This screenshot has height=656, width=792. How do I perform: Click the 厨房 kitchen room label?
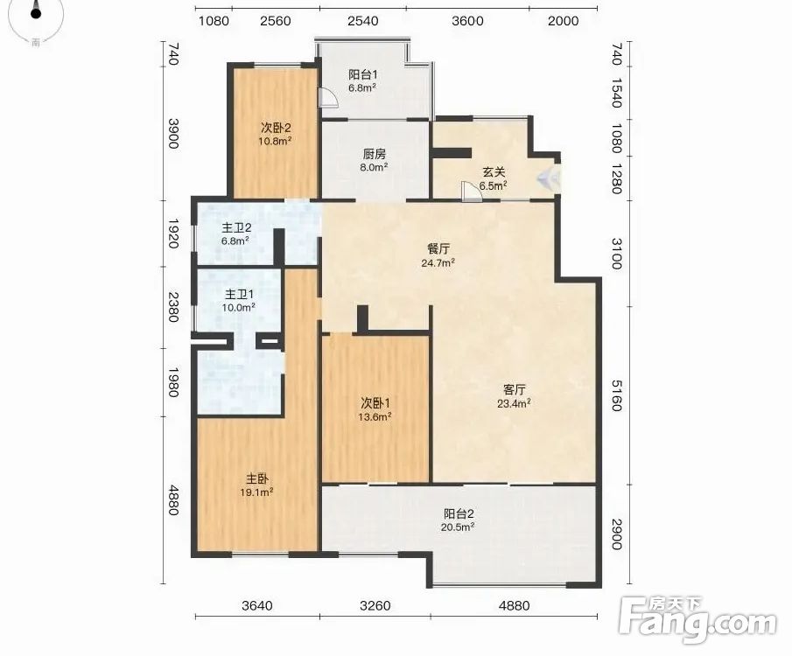[x=375, y=155]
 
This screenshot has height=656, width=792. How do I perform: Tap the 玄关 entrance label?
[x=494, y=172]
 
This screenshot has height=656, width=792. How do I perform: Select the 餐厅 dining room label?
[x=438, y=249]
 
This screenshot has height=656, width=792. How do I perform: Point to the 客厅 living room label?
[x=515, y=390]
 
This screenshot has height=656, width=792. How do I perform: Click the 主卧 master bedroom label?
[x=257, y=478]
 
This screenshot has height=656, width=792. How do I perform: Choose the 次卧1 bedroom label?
[x=375, y=403]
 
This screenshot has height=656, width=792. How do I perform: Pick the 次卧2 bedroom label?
[x=276, y=128]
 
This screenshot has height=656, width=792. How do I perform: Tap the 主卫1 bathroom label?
[x=239, y=294]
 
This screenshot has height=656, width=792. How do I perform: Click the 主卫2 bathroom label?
[x=236, y=228]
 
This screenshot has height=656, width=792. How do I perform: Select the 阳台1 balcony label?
[x=362, y=74]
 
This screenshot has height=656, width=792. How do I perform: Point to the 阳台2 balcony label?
[x=459, y=514]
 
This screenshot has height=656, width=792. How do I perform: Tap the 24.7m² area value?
[x=438, y=262]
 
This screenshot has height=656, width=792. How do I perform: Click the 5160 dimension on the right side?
[x=617, y=395]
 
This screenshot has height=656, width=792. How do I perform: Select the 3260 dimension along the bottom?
[x=375, y=605]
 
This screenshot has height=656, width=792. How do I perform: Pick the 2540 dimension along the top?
[x=363, y=21]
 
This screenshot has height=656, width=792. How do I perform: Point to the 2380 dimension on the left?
[x=173, y=307]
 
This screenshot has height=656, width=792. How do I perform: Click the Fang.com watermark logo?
[x=697, y=620]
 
